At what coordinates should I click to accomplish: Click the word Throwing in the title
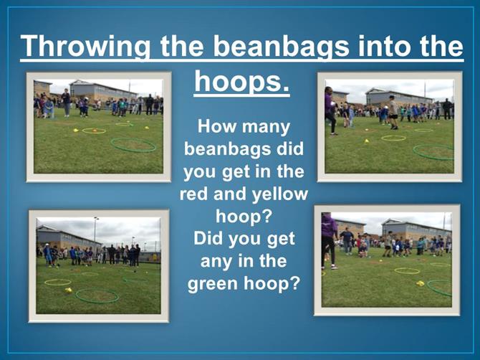pyautogui.click(x=86, y=47)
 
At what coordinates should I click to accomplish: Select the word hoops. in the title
pyautogui.click(x=242, y=82)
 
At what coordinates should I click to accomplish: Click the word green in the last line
pyautogui.click(x=213, y=284)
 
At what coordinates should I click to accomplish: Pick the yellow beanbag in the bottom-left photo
pyautogui.click(x=68, y=290)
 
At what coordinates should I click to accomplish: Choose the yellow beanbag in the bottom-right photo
pyautogui.click(x=420, y=283)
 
